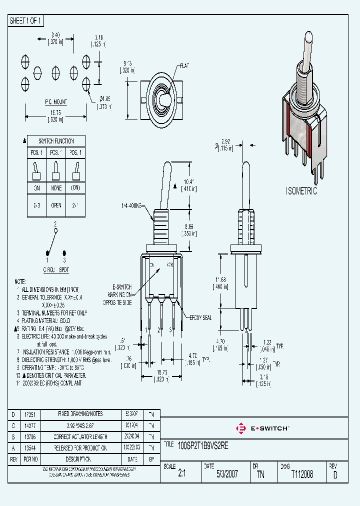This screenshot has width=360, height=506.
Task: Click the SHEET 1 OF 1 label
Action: (26, 21)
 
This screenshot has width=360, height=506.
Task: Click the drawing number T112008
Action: (301, 474)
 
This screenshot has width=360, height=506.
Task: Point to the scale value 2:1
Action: (181, 474)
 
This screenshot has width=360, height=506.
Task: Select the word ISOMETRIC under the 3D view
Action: (301, 191)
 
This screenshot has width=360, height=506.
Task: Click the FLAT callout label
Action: (184, 65)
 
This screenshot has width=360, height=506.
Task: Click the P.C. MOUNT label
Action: (56, 101)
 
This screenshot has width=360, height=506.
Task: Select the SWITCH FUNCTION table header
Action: (56, 141)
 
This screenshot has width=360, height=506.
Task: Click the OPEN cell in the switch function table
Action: (56, 205)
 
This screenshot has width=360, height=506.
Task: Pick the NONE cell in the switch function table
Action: (56, 188)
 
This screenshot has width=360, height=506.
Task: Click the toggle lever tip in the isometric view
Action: (307, 40)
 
